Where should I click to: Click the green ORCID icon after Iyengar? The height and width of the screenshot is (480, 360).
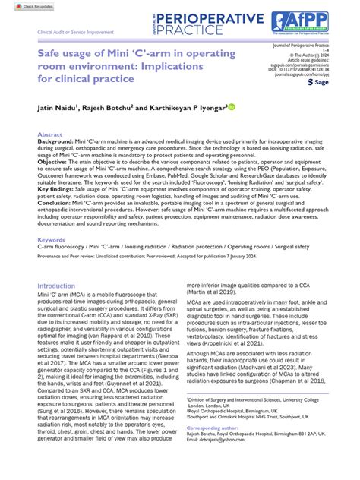231,108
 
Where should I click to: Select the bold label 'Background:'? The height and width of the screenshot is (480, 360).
55,141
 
